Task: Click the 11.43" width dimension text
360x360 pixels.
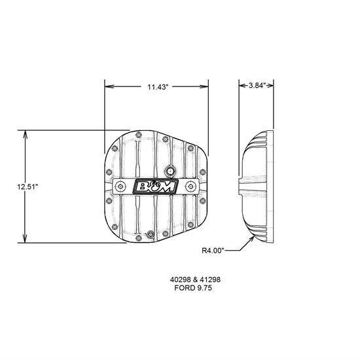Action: (158, 87)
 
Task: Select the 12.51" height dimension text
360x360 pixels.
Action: (27, 187)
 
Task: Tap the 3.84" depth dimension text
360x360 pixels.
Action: (257, 85)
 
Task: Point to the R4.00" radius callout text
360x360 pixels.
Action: (213, 250)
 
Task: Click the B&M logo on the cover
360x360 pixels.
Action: (155, 187)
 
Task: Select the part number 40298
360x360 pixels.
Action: (180, 279)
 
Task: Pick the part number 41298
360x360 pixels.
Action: (210, 279)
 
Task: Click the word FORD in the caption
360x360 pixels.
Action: (184, 288)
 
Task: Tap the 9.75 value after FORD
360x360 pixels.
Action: (204, 288)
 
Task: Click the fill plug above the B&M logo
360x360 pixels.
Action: (170, 171)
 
